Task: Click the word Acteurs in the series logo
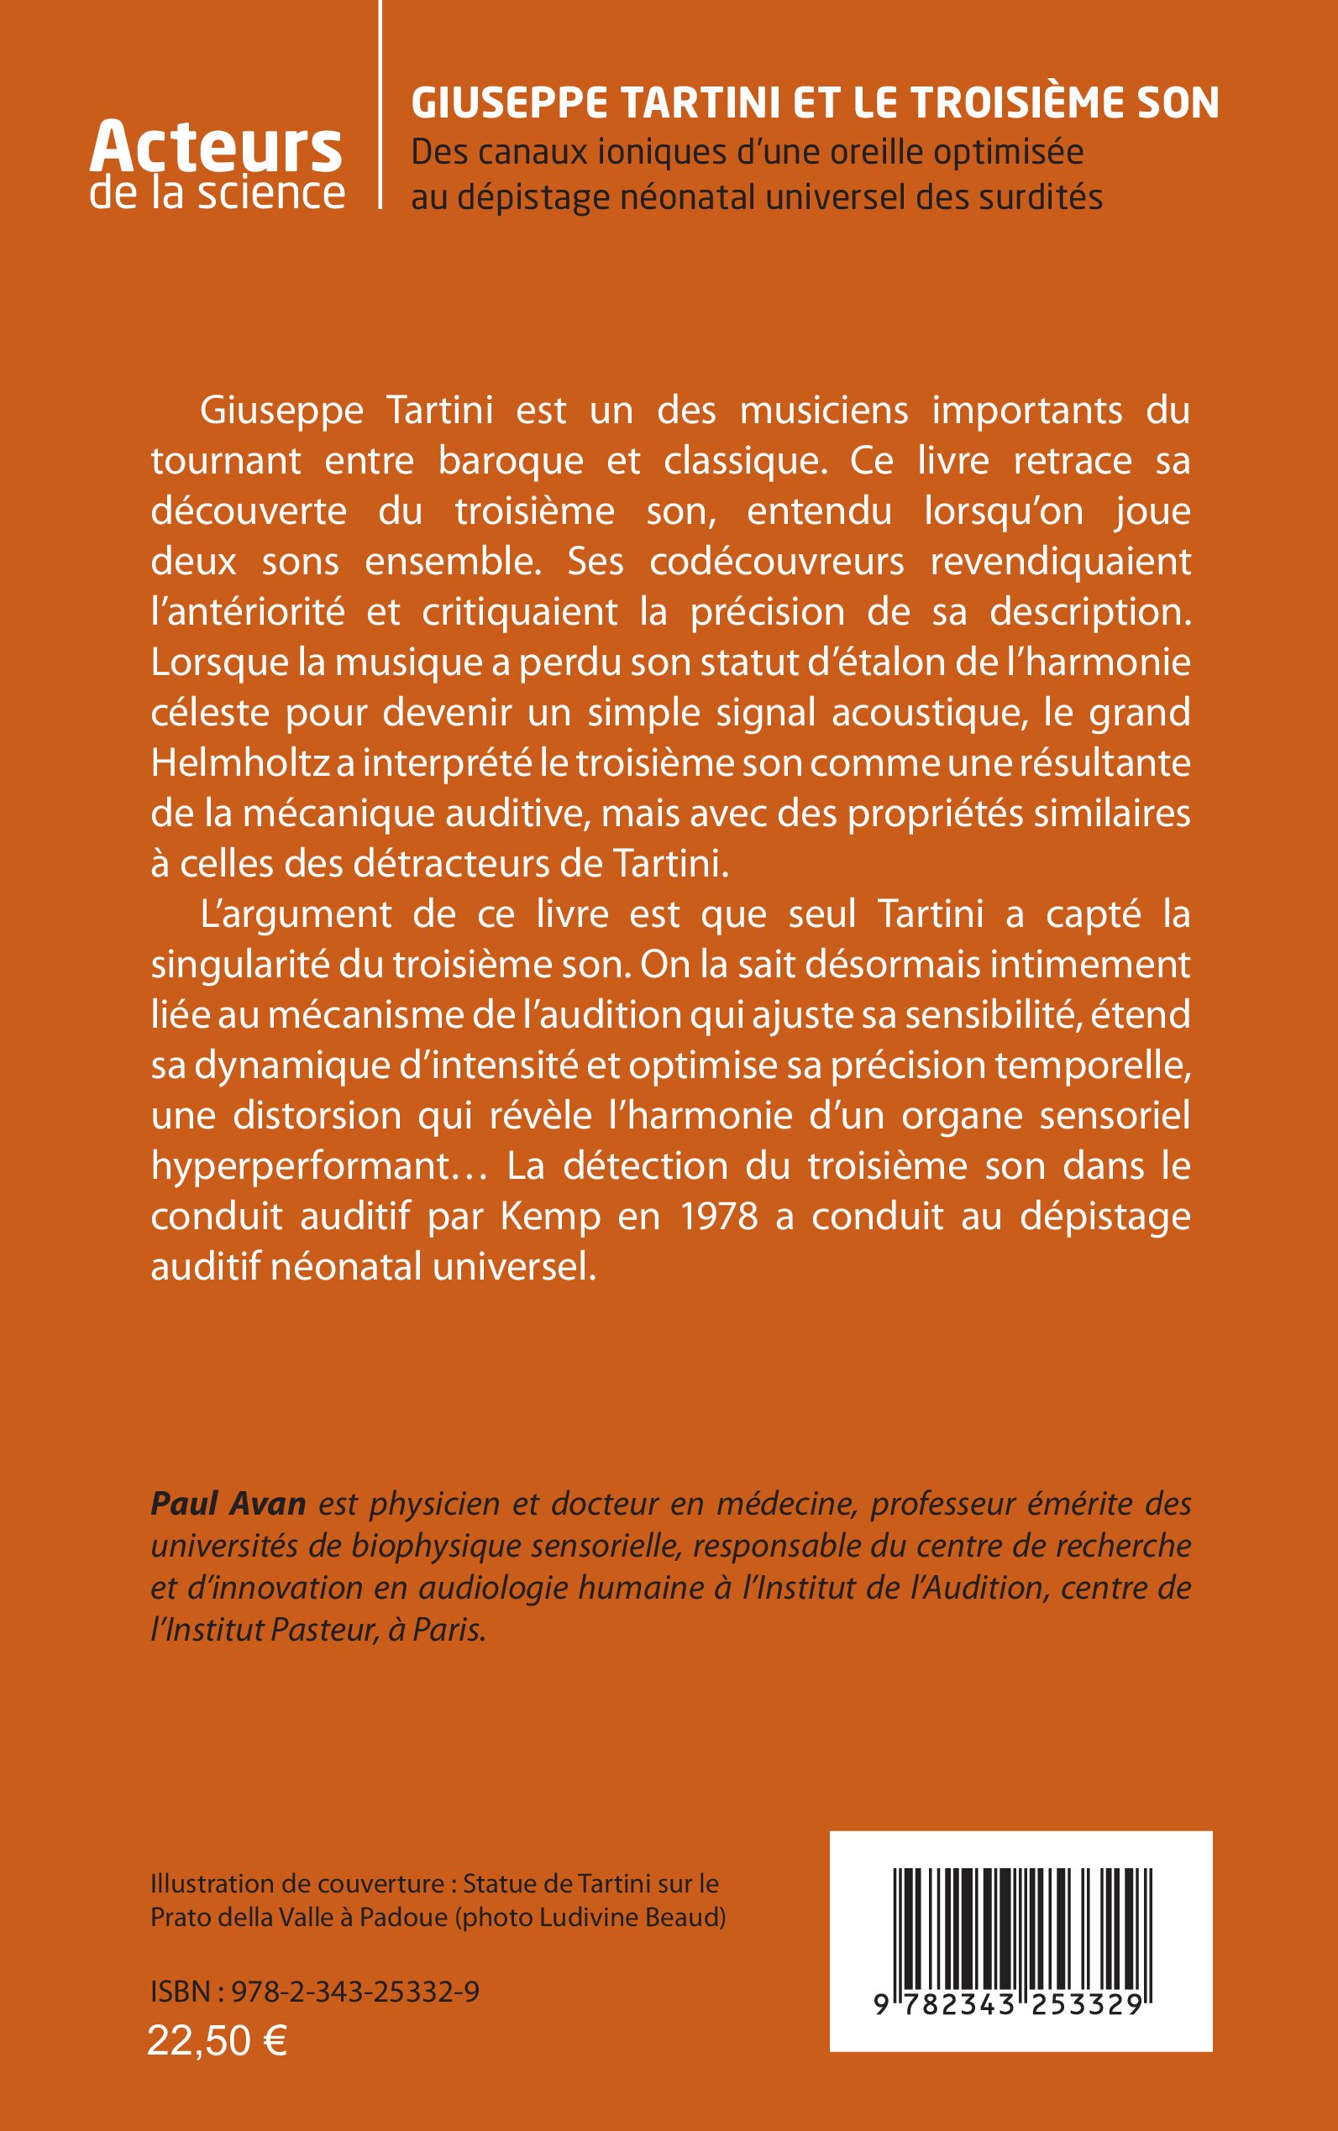(x=215, y=148)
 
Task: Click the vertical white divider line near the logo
(x=380, y=104)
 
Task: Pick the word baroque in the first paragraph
(x=511, y=461)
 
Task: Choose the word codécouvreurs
(x=776, y=562)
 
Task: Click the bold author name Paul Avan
(x=228, y=1503)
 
